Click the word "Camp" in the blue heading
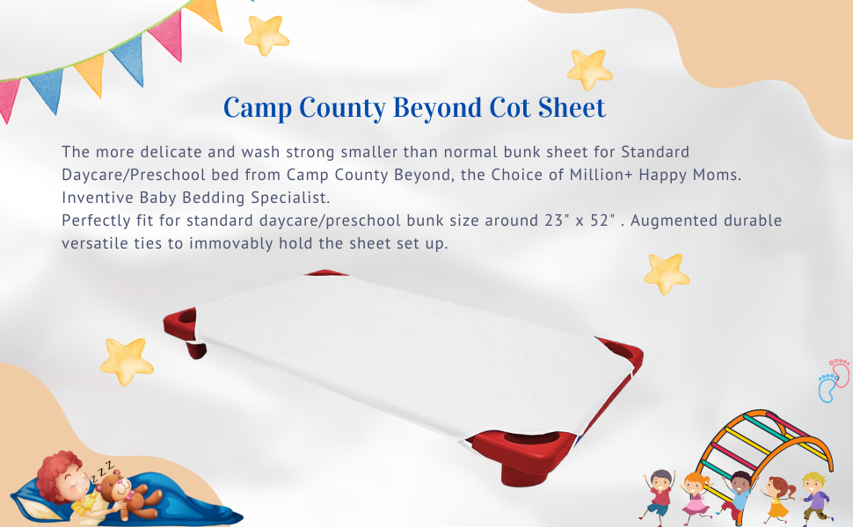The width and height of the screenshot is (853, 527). pos(258,107)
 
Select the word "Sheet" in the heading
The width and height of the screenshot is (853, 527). pos(572,107)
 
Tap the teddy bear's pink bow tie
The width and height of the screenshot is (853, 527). pos(130,494)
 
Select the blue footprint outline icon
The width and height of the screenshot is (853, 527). pos(829,387)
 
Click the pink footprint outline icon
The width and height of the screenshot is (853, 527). pos(841,372)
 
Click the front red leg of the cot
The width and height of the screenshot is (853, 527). pos(521,473)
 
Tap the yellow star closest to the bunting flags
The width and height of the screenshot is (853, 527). pos(266,35)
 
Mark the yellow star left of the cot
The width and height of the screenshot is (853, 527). pos(127,361)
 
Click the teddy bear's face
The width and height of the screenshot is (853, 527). pos(113,483)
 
